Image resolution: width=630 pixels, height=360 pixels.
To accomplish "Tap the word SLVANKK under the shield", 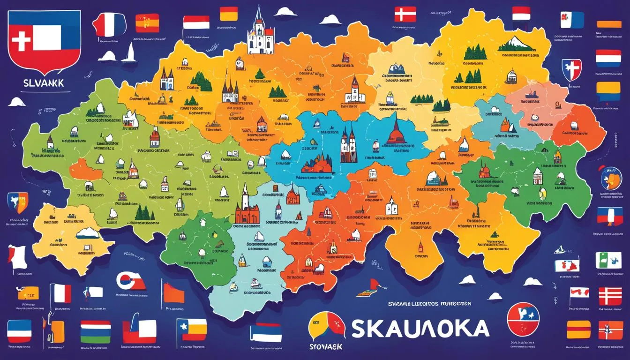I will tap(44, 82).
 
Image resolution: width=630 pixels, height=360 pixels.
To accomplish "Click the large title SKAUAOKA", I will tap(420, 329).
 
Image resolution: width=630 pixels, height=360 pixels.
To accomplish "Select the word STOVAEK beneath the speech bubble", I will tap(327, 346).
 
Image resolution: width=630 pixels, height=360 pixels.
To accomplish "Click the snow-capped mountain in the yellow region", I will tap(516, 45).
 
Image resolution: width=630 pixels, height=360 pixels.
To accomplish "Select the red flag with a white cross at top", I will tap(405, 14).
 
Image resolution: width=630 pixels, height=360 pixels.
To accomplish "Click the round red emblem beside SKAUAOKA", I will tap(523, 319).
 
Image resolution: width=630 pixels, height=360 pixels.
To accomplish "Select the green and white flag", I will tap(608, 260).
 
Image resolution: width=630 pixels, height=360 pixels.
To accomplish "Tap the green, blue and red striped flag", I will tap(95, 331).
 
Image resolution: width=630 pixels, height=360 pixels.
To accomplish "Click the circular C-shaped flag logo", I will tap(130, 282).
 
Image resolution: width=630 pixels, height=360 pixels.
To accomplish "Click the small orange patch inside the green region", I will tap(85, 169).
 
